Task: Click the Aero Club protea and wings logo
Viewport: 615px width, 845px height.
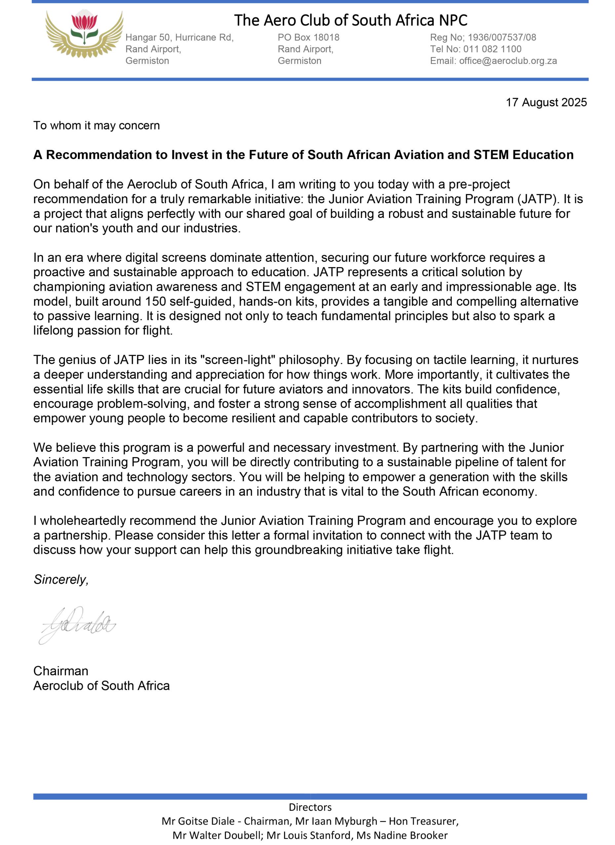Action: [x=84, y=34]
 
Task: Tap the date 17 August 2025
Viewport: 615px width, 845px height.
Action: [x=546, y=102]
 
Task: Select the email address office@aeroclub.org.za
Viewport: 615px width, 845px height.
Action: [x=508, y=61]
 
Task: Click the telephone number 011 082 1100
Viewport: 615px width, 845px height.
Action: [x=492, y=49]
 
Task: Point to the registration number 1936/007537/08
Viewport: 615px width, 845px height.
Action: [x=502, y=37]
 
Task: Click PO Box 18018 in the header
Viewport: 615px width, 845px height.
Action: [x=308, y=37]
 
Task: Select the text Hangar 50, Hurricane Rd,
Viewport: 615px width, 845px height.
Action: [x=179, y=37]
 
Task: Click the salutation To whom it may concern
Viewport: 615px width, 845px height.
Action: [x=96, y=125]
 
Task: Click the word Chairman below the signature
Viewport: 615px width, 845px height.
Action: [x=61, y=671]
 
